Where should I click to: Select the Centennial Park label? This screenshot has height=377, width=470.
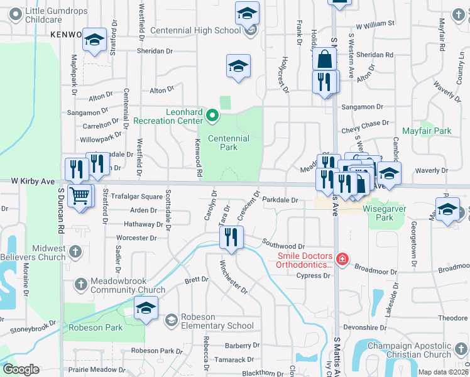point(228,143)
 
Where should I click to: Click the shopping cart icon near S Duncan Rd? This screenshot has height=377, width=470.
point(79,195)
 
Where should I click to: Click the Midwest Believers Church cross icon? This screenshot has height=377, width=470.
point(75,253)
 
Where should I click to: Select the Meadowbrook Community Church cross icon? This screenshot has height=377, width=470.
point(81,285)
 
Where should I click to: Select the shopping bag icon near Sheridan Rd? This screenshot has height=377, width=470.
point(325,60)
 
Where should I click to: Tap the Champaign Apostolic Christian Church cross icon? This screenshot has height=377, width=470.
point(462,349)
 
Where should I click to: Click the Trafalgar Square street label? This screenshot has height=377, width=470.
point(136,197)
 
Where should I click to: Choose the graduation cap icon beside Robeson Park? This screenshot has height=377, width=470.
point(146,309)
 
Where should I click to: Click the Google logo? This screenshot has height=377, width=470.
point(21,369)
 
